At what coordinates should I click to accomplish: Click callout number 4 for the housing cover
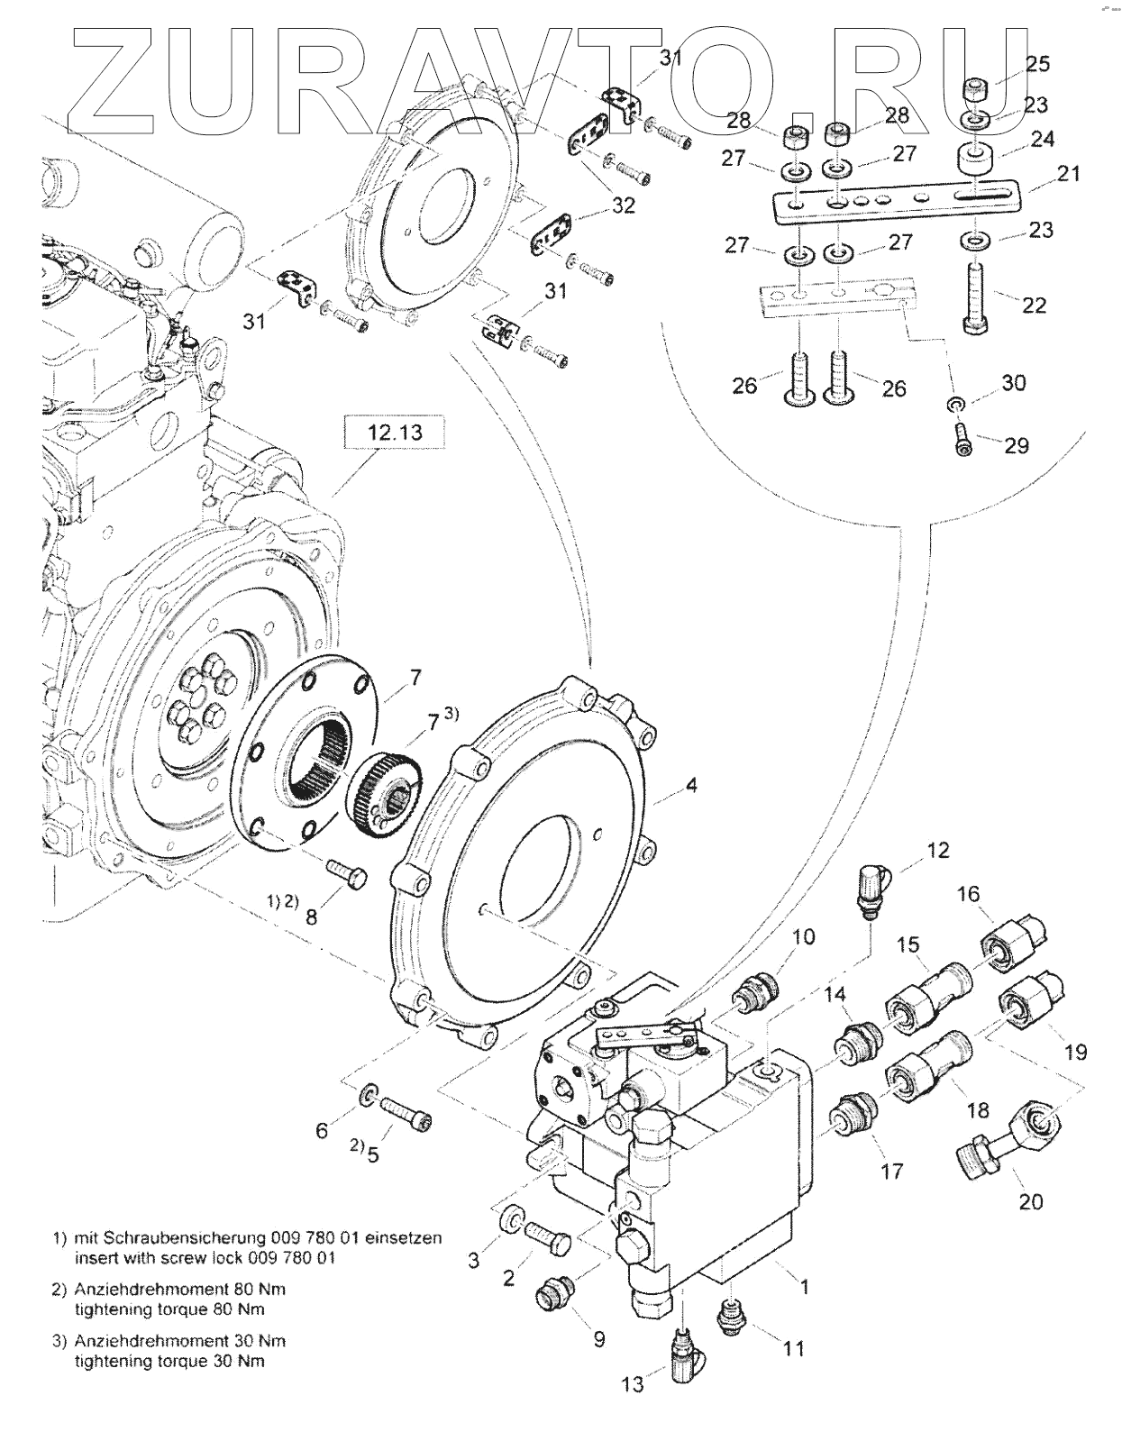click(690, 786)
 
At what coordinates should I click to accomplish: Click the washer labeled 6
click(369, 1097)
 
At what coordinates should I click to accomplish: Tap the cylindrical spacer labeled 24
click(976, 160)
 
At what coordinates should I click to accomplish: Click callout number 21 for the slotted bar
click(1068, 173)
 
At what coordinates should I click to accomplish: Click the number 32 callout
click(623, 205)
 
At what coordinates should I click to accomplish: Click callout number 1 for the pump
click(802, 1287)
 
